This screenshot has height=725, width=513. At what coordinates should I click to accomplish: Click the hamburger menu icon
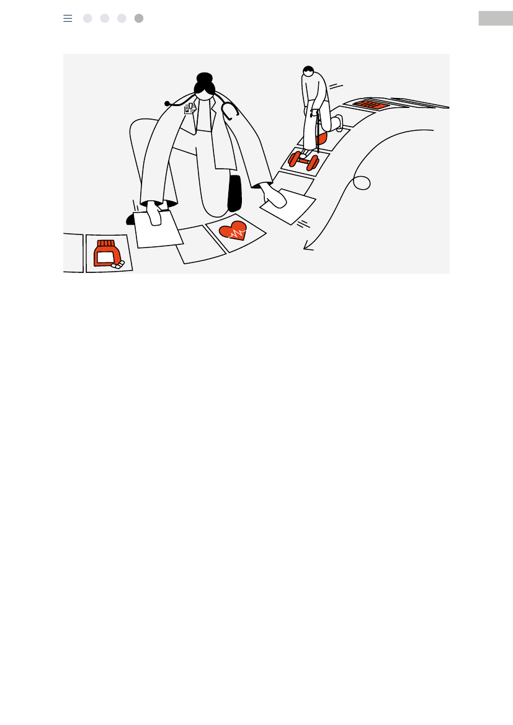click(x=68, y=19)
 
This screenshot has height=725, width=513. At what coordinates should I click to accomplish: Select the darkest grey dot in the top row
click(x=139, y=19)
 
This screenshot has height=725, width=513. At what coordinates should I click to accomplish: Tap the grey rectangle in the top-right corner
click(x=495, y=19)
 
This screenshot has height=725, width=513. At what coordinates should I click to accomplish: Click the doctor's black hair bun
click(x=204, y=79)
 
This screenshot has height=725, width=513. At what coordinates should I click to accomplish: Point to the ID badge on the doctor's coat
click(x=189, y=109)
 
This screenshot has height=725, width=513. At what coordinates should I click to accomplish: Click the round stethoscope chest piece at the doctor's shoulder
click(x=167, y=104)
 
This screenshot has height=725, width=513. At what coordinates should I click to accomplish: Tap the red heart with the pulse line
click(x=233, y=230)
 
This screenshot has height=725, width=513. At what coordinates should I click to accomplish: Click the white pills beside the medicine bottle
click(x=118, y=265)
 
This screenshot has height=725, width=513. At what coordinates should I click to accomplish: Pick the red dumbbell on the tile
click(x=303, y=160)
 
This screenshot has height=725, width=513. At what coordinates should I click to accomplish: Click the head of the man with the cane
click(x=308, y=71)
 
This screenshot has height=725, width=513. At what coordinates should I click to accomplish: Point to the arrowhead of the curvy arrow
click(x=306, y=247)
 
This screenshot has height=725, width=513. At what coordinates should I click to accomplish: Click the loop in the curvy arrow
click(x=362, y=183)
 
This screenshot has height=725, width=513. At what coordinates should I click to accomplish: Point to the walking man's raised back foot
click(x=339, y=123)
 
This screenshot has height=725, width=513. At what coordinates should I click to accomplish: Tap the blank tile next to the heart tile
click(x=200, y=245)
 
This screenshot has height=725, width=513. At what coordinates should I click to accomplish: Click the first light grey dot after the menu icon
click(x=87, y=19)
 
